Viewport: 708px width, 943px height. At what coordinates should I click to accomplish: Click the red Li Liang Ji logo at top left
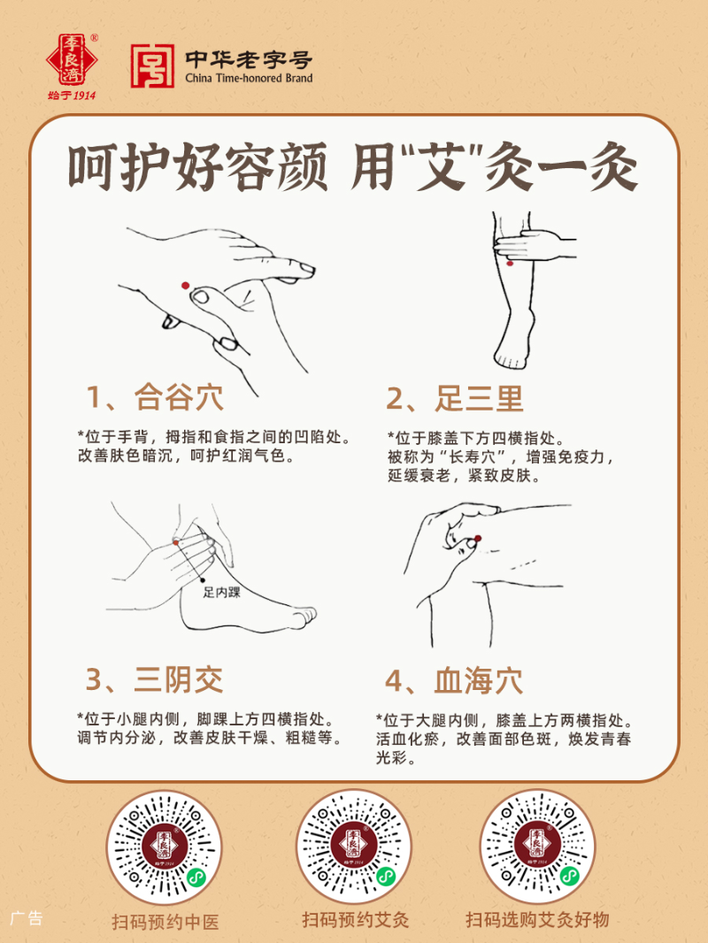73,61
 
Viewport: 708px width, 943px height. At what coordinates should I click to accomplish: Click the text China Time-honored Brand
249,79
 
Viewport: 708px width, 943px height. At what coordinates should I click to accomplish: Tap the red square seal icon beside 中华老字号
152,66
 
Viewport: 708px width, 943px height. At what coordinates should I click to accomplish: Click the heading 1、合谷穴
155,398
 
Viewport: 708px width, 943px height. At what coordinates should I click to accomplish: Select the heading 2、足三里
455,399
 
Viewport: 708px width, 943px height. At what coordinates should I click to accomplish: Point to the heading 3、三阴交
155,679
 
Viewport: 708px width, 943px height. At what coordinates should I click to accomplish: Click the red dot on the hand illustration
185,285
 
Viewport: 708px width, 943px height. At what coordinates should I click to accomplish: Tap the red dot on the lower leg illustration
511,263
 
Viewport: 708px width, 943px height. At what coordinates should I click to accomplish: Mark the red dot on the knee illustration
477,538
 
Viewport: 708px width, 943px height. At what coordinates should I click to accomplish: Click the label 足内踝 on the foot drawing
221,592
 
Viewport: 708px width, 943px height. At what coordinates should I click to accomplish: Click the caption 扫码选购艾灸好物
537,920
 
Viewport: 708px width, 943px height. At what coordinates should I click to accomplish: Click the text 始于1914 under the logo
73,96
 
